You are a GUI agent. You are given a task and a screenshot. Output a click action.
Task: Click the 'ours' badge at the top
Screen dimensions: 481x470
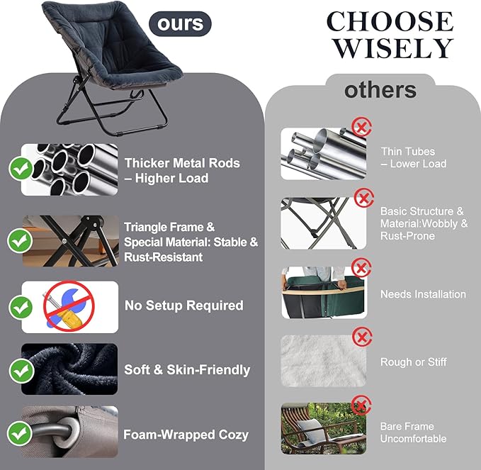point(180,23)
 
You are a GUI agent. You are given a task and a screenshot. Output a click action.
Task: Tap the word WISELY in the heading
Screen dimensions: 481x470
point(394,48)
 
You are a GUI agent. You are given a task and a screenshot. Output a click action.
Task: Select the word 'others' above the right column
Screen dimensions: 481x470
point(380,90)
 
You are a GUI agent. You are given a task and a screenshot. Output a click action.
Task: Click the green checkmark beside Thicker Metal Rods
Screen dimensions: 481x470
point(21,168)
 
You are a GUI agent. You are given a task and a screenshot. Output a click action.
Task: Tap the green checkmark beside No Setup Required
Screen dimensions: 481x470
point(21,307)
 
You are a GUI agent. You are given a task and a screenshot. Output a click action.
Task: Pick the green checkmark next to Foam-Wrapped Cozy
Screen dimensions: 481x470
point(20,433)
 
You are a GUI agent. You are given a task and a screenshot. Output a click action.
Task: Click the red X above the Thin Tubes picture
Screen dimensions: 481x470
point(362,126)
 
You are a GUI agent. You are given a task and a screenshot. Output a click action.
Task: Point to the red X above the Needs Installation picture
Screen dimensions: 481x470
point(362,268)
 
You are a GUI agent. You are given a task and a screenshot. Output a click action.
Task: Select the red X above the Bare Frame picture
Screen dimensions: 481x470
point(362,405)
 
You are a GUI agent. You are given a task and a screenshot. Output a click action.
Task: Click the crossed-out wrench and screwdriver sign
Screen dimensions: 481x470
point(69,306)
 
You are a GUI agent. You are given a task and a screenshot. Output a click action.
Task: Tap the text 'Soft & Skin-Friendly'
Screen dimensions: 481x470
point(187,370)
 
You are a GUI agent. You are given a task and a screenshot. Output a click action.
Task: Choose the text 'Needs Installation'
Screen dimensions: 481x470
point(423,294)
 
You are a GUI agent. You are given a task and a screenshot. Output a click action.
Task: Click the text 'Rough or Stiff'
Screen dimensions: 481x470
point(413,362)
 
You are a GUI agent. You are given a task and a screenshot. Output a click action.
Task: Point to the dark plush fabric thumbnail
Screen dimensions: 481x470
point(69,369)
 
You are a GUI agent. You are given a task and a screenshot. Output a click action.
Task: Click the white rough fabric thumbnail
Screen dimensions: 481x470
point(324,361)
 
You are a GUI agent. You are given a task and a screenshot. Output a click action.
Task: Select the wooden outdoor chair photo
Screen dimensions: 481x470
point(324,429)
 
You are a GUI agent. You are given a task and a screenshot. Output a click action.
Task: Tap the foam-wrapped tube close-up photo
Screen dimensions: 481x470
point(69,432)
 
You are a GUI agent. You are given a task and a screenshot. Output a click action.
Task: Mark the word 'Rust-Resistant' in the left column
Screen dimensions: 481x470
point(163,257)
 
